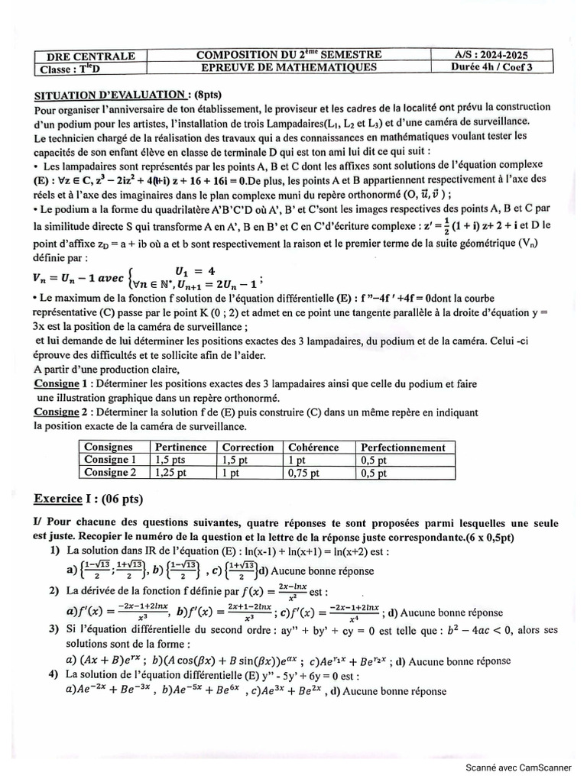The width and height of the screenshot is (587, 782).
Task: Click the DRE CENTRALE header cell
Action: click(x=91, y=56)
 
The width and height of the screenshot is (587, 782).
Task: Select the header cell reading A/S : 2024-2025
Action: click(x=489, y=55)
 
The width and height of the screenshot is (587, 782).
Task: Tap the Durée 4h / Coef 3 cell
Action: click(x=489, y=67)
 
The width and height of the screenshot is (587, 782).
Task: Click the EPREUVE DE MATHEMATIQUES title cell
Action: click(x=288, y=67)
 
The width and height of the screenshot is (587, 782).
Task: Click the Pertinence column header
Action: click(x=180, y=447)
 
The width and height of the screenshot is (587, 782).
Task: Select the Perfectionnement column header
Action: click(x=403, y=447)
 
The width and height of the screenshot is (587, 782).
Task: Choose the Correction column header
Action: click(x=247, y=447)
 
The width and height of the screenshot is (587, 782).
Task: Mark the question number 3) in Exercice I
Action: click(x=54, y=629)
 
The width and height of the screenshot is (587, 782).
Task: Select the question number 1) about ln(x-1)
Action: click(x=54, y=550)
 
